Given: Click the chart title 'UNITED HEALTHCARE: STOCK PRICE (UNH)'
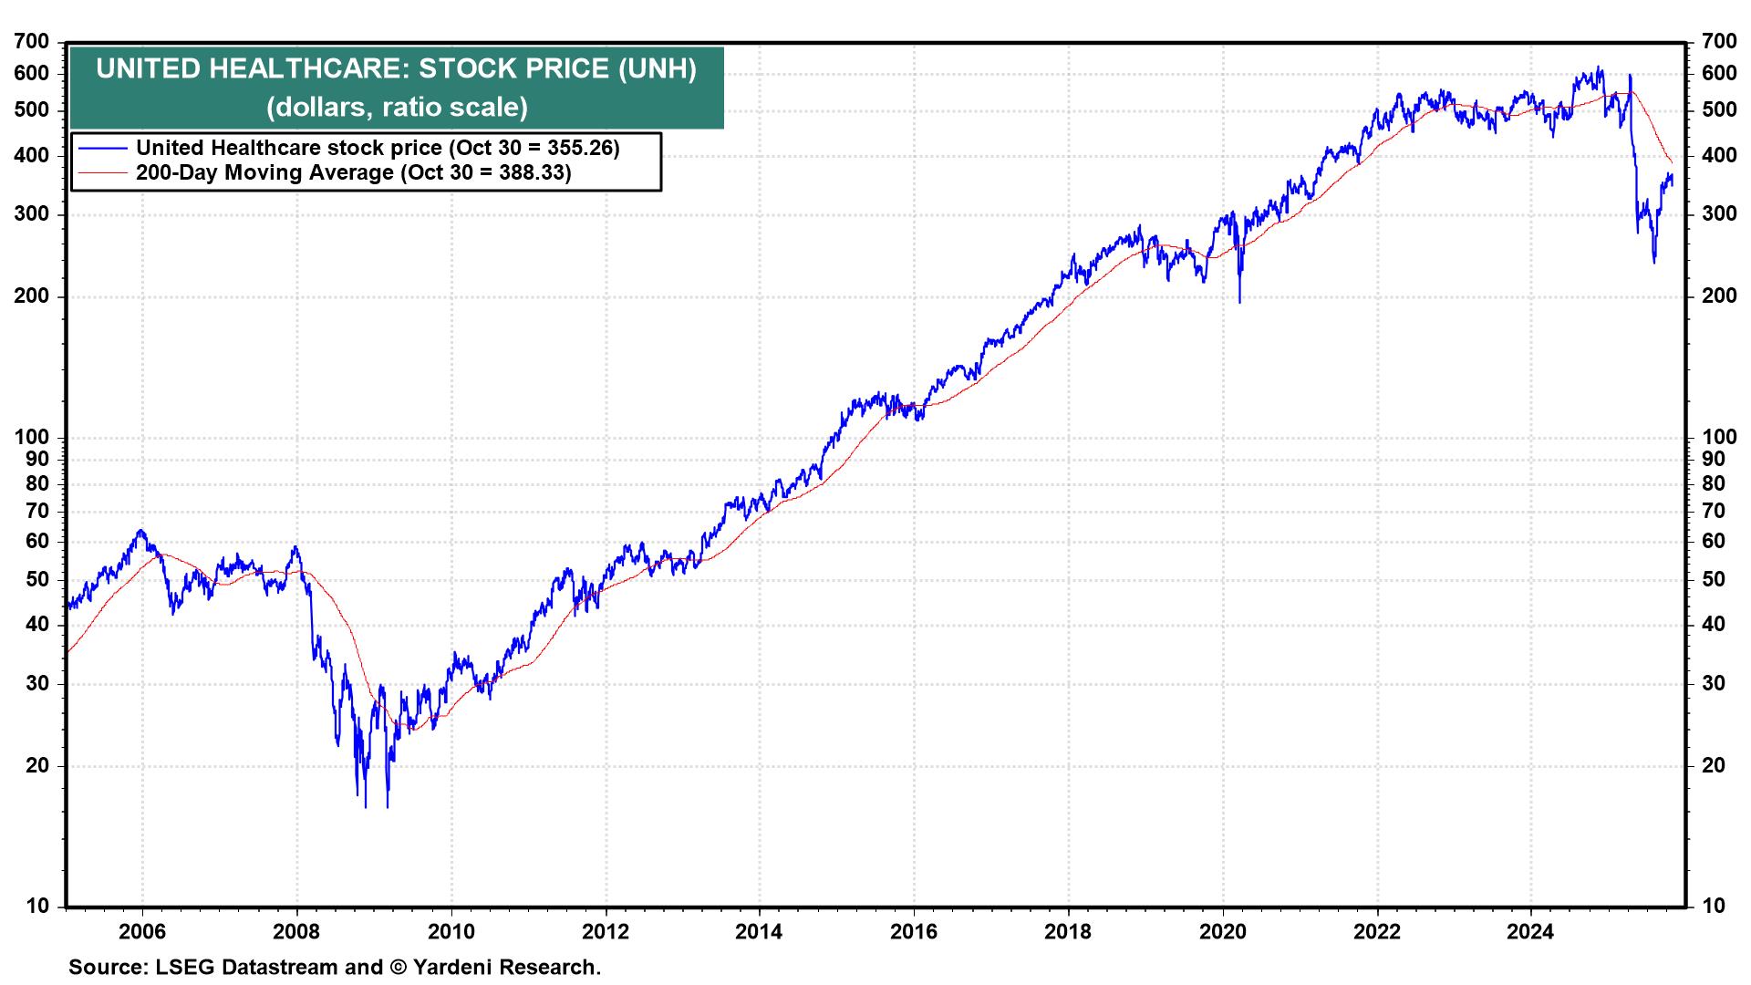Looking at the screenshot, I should coord(396,69).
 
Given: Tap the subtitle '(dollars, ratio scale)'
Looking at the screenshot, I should coord(396,108).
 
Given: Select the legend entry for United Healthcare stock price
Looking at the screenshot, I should coord(378,148).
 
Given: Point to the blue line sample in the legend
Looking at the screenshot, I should coord(102,148).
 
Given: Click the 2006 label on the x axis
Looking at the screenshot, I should coord(142,931).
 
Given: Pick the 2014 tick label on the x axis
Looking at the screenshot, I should coord(759,931).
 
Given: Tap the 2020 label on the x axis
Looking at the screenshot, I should coord(1222,931).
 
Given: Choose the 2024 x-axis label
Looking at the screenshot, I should coord(1530,931).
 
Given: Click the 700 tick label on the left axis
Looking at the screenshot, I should coord(32,42).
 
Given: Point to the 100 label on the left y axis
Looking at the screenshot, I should coord(32,438).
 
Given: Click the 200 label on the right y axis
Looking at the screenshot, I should coord(1719,296).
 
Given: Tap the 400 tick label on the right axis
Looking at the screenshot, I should coord(1719,156).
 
